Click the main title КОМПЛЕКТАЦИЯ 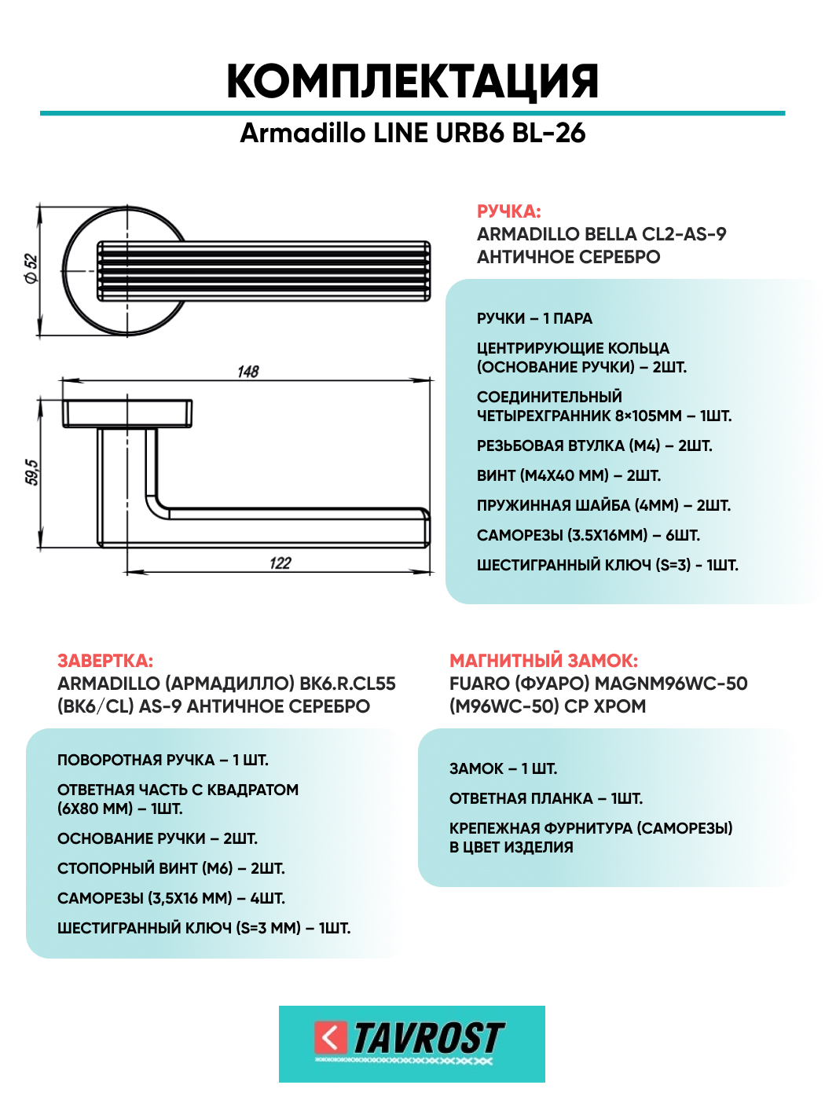pyautogui.click(x=412, y=81)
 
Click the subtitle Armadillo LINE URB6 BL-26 pyautogui.click(x=412, y=133)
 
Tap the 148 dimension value pyautogui.click(x=248, y=371)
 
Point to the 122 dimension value pyautogui.click(x=280, y=563)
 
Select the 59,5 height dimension pyautogui.click(x=32, y=472)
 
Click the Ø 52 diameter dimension pyautogui.click(x=31, y=268)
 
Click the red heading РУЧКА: pyautogui.click(x=508, y=211)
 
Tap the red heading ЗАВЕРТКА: pyautogui.click(x=105, y=661)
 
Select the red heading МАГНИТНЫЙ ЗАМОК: pyautogui.click(x=544, y=661)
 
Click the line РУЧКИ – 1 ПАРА pyautogui.click(x=534, y=318)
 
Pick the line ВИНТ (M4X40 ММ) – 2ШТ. pyautogui.click(x=569, y=475)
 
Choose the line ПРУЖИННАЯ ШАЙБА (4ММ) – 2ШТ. pyautogui.click(x=603, y=505)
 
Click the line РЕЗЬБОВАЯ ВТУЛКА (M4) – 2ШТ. pyautogui.click(x=594, y=445)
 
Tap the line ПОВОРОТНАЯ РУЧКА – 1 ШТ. pyautogui.click(x=163, y=760)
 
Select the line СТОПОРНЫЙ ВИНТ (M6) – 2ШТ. pyautogui.click(x=171, y=868)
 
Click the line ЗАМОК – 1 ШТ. pyautogui.click(x=503, y=768)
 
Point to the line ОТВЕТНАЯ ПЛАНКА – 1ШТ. pyautogui.click(x=546, y=798)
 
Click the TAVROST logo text pyautogui.click(x=428, y=1038)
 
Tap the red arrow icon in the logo pyautogui.click(x=330, y=1037)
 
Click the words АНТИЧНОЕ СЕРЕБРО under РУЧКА pyautogui.click(x=568, y=257)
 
